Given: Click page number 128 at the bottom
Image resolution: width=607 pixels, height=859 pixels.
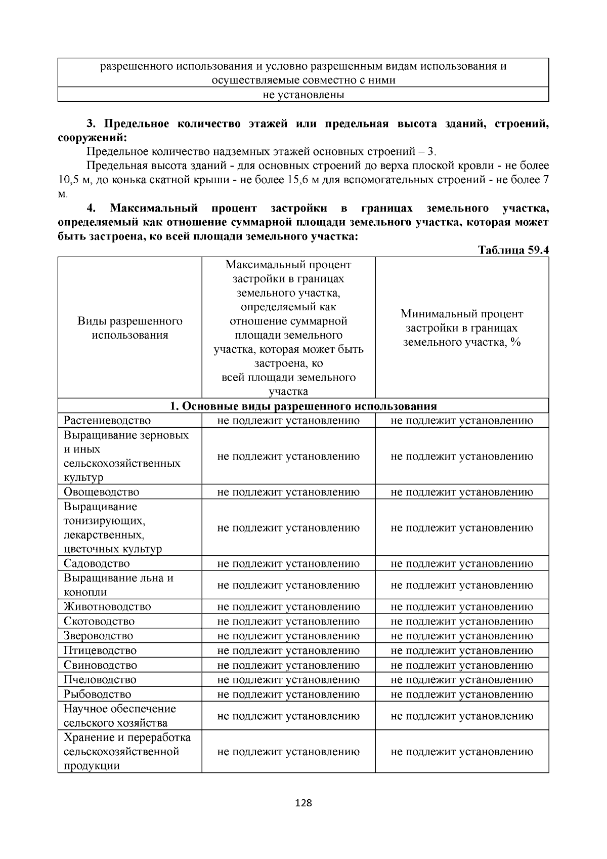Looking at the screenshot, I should coord(303,803).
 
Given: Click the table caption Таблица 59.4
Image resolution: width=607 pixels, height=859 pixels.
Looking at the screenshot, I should coord(513,250).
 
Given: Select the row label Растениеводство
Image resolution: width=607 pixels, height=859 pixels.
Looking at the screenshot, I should coord(107,421).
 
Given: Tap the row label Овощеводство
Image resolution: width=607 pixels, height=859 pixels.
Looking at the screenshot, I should coord(101,492).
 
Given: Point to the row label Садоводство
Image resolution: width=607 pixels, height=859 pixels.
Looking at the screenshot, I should coord(97,563).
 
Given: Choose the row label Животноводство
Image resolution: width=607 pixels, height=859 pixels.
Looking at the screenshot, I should coord(107,606).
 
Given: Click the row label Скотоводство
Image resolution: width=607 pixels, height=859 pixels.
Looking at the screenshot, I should coord(99,621).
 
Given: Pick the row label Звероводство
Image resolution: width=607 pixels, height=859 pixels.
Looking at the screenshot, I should coord(99,636).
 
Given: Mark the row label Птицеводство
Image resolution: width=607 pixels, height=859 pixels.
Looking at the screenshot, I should coord(100,650).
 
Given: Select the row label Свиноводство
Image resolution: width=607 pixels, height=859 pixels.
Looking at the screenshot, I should coord(100,665).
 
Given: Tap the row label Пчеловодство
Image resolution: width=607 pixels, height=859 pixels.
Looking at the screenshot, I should coord(100,679).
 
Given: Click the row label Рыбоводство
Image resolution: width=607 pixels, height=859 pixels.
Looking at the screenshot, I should coord(97,694).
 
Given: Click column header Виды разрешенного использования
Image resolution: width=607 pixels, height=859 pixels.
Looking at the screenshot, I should coord(130,328).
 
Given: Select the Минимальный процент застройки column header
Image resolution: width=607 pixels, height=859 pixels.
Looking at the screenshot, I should coord(462,328).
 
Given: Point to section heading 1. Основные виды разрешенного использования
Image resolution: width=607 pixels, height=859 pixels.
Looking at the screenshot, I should coord(303,406).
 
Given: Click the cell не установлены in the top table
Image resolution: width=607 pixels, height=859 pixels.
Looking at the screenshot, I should coord(303,95).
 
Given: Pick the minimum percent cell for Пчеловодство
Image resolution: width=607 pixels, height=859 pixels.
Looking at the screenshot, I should coord(462,679).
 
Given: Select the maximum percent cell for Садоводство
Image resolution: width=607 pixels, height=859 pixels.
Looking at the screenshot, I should coord(288,563).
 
